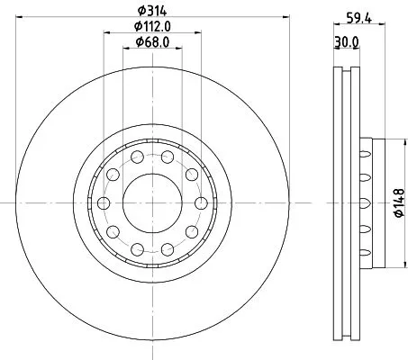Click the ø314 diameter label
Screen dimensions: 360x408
[x=151, y=11]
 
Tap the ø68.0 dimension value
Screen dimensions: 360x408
[x=152, y=41]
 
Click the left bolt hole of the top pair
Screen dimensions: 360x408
[x=136, y=157]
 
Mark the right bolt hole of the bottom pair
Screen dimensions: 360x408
[x=168, y=248]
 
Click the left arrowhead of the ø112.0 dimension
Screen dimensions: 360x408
[x=104, y=33]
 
